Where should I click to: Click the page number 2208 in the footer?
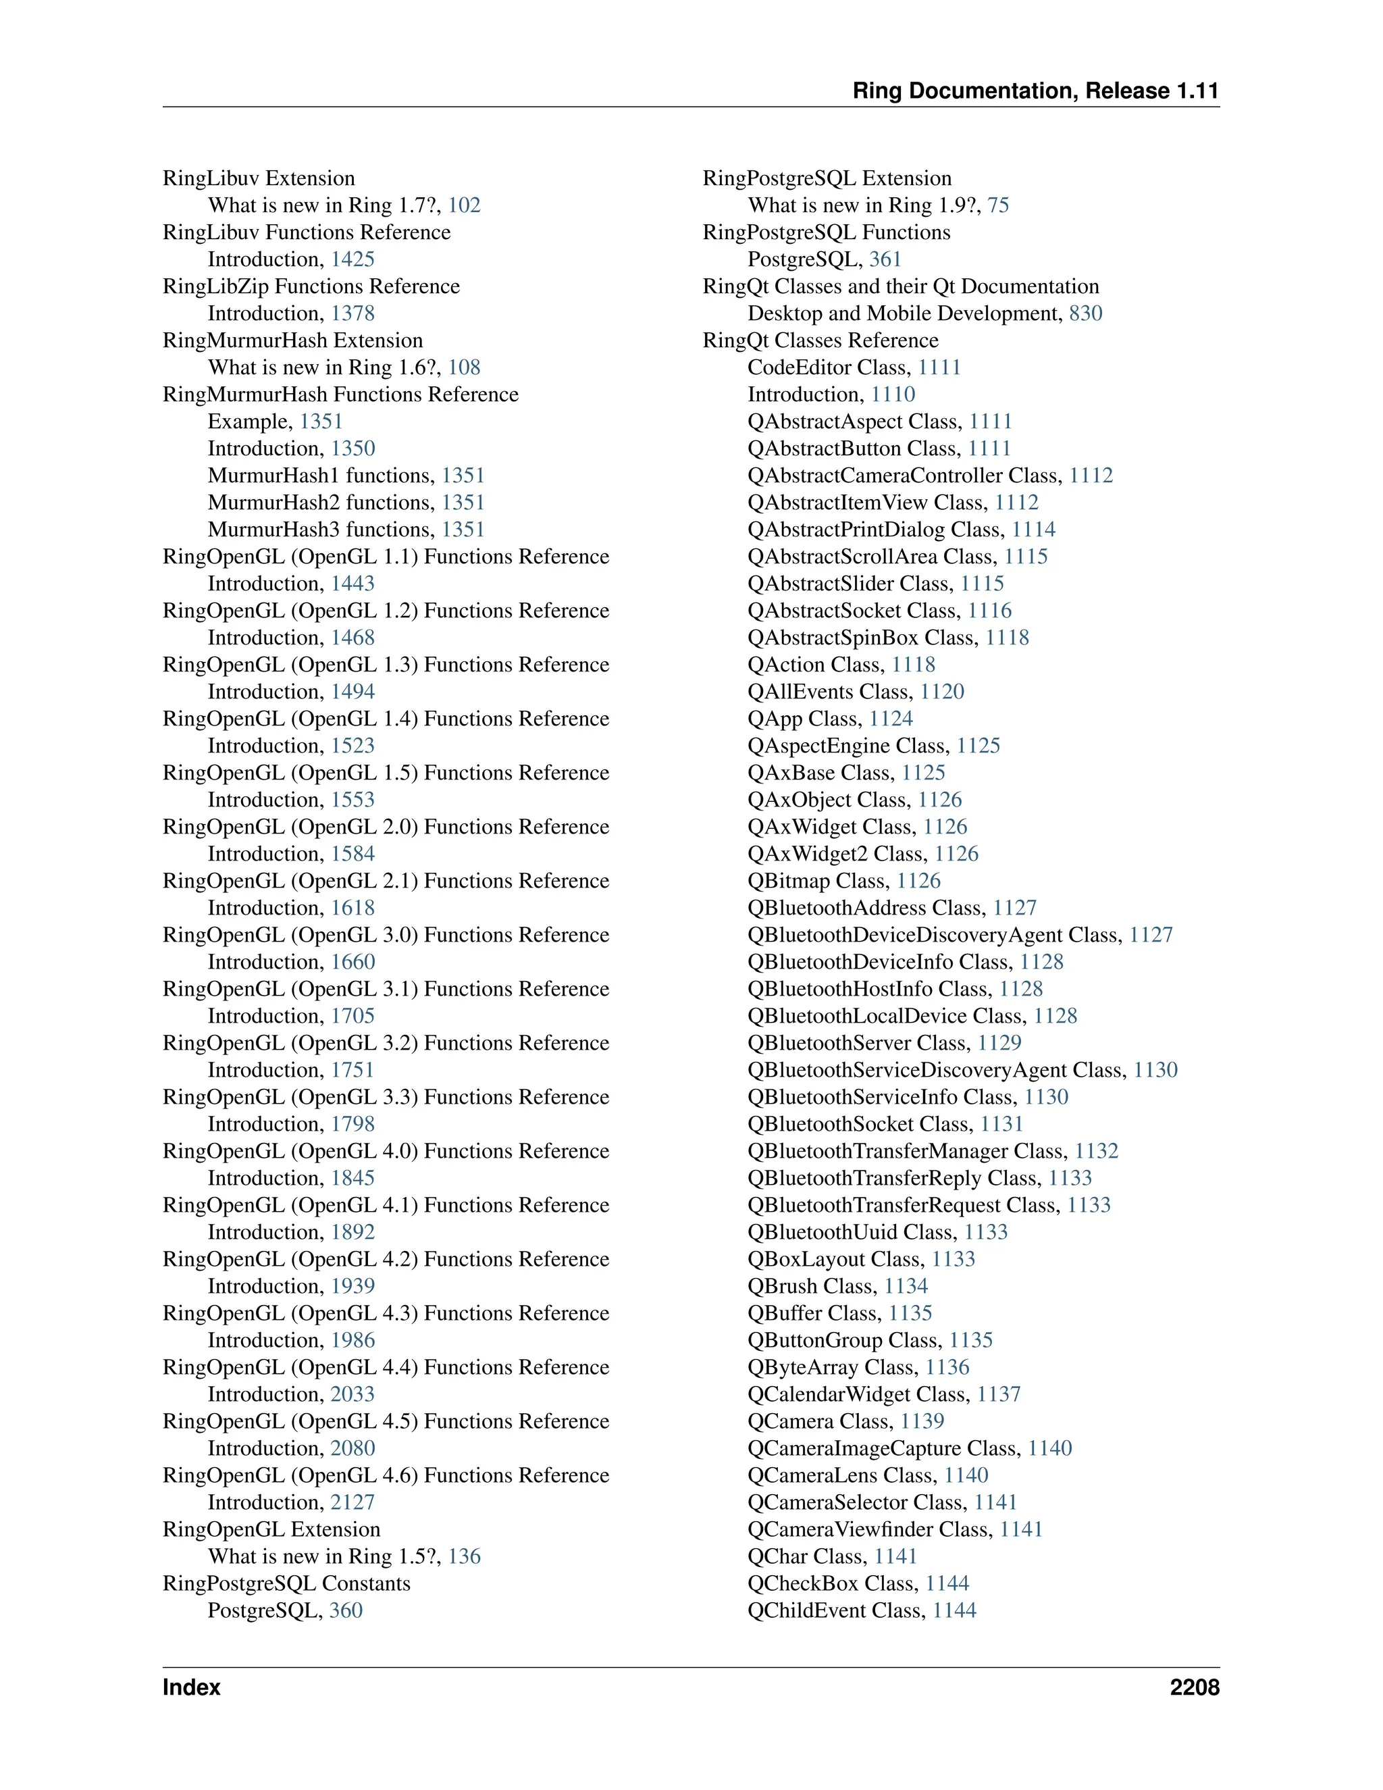click(x=1194, y=1687)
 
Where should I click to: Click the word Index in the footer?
click(x=192, y=1687)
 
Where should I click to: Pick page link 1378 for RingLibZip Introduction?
click(x=353, y=313)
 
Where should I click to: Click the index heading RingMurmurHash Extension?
click(x=292, y=340)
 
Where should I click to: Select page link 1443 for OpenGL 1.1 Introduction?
click(x=353, y=584)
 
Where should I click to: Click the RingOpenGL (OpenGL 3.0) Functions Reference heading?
click(x=386, y=934)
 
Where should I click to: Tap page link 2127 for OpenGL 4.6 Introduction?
click(x=353, y=1502)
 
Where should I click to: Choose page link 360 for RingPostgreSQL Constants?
click(x=346, y=1610)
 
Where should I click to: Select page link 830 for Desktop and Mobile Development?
click(x=1086, y=313)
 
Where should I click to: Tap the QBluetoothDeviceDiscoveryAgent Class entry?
click(x=934, y=935)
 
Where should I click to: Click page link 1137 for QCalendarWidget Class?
click(x=999, y=1394)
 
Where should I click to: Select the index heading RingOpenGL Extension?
click(x=271, y=1529)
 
